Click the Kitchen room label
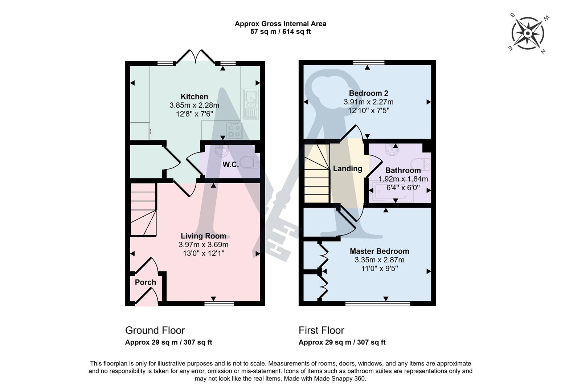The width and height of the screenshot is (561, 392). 194,97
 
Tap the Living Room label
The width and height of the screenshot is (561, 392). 203,236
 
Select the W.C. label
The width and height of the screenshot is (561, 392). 230,164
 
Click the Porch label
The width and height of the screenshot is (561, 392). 145,282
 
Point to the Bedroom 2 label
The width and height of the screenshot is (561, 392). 368,93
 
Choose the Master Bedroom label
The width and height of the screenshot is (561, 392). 379,251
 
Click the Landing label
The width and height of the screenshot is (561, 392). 347,168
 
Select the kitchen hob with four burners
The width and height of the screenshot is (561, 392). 234,130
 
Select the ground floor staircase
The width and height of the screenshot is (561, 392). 143,209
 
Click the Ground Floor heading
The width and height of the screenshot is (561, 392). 155,330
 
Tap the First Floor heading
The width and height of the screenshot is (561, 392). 321,330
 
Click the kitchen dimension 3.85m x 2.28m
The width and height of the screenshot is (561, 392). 194,105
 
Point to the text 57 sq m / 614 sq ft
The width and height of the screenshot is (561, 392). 280,32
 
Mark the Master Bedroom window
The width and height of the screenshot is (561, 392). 377,303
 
